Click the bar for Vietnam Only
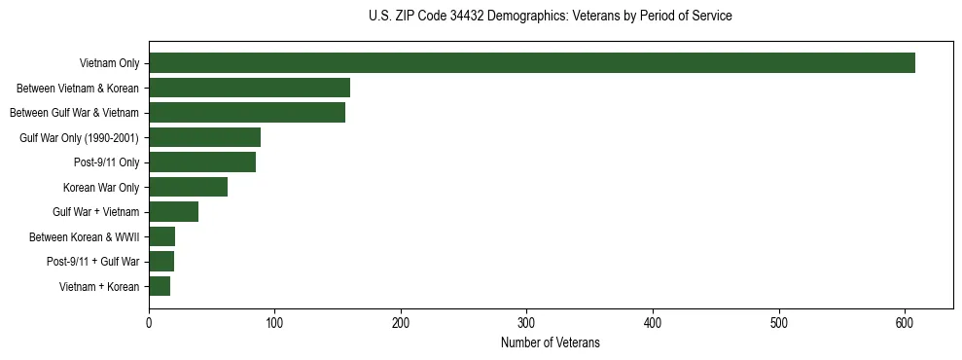(532, 63)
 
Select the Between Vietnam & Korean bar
(249, 88)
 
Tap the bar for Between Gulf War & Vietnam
(247, 113)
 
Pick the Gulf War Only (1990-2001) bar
(204, 137)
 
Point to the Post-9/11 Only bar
(202, 162)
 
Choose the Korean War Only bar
(188, 187)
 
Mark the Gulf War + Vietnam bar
(173, 212)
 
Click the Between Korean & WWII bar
(161, 236)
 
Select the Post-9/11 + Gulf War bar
(161, 262)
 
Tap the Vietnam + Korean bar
(160, 286)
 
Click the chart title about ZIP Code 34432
(551, 17)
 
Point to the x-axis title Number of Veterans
(551, 343)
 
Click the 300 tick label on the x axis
(526, 323)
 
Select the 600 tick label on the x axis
(905, 323)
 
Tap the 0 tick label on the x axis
(149, 323)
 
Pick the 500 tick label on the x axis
(778, 323)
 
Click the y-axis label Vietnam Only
(109, 63)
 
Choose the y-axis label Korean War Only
(101, 187)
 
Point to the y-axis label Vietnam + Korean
(99, 286)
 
